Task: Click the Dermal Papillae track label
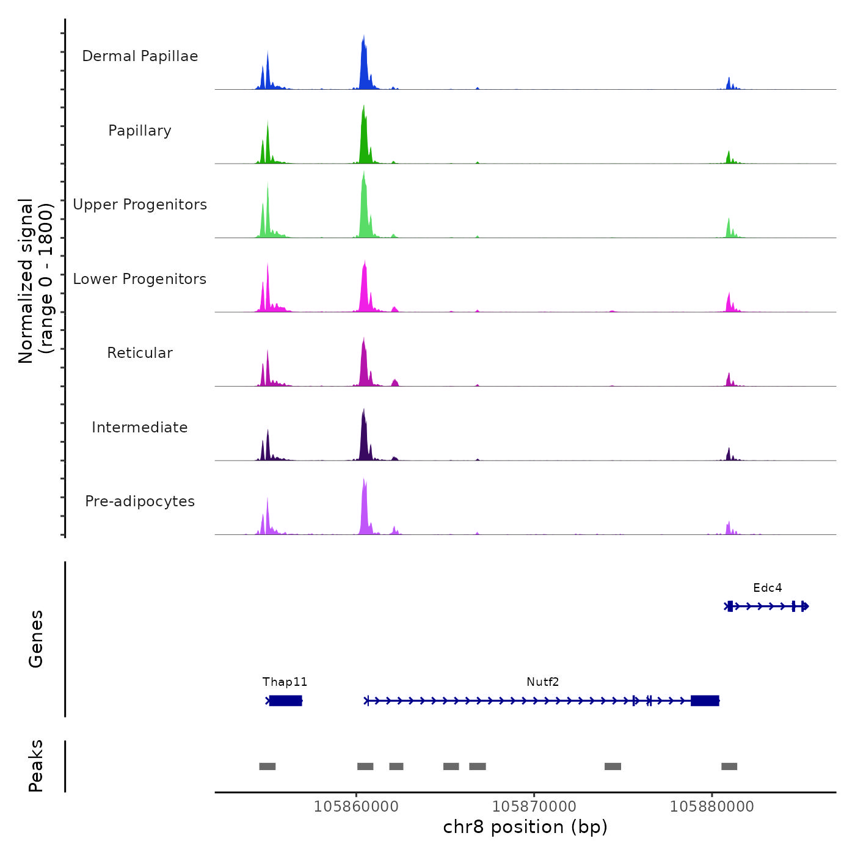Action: (140, 56)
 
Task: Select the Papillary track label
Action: (140, 131)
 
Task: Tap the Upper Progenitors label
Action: (140, 205)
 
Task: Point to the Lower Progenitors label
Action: (140, 279)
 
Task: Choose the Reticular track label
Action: (140, 353)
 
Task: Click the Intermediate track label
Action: (140, 428)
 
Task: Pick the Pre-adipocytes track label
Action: (140, 501)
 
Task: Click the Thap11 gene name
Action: (285, 682)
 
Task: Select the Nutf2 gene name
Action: (542, 682)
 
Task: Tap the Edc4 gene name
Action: (767, 588)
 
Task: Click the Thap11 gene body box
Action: (285, 700)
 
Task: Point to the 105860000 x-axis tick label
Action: (356, 807)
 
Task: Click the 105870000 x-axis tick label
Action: (534, 807)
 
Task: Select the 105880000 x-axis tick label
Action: (711, 807)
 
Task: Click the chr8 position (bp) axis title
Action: (525, 827)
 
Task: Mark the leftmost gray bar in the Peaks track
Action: (267, 766)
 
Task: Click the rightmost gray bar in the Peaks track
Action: (729, 766)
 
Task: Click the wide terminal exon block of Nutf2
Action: (705, 700)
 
